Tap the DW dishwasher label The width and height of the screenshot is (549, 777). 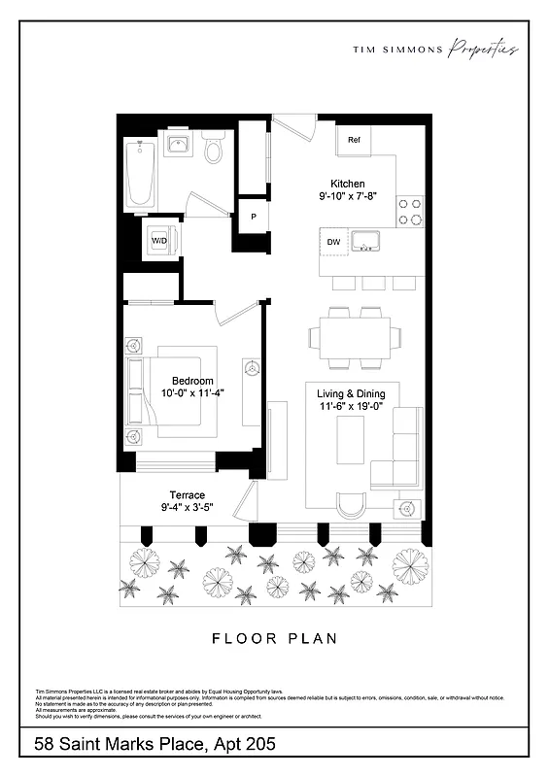[333, 241]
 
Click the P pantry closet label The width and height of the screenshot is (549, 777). [254, 217]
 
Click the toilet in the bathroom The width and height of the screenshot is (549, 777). [214, 150]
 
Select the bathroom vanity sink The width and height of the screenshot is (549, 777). [178, 146]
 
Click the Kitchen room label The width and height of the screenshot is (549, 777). [347, 184]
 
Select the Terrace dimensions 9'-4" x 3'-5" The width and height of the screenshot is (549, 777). [187, 507]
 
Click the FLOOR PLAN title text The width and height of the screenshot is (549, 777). [274, 638]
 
